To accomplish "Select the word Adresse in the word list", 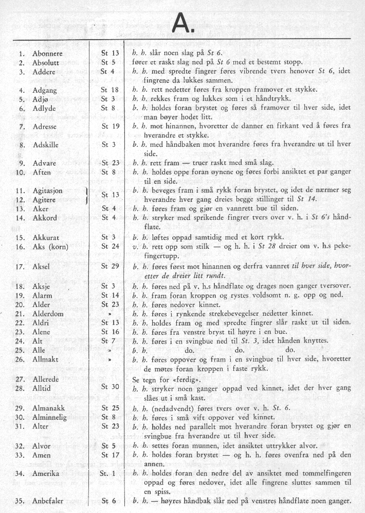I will click(45, 126).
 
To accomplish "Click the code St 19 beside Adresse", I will click(110, 126).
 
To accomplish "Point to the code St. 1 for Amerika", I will click(110, 473).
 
